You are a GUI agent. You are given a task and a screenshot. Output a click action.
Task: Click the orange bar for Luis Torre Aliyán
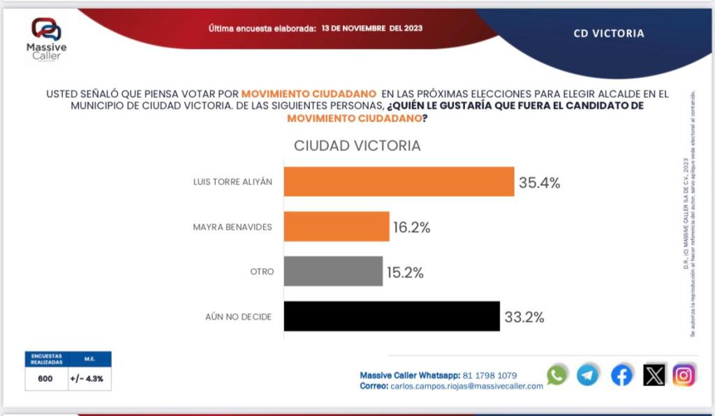point(399,181)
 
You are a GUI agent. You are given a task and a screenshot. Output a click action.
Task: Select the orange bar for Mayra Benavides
point(336,227)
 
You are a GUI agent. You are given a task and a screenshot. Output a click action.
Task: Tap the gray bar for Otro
point(333,272)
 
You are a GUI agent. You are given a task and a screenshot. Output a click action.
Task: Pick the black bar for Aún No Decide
point(392,316)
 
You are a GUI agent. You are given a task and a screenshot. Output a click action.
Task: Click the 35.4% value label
point(539,184)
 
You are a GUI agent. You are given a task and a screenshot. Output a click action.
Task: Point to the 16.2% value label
point(410,228)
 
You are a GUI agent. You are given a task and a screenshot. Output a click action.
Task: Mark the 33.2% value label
point(524,318)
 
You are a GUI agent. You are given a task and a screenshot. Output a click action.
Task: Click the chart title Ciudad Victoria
point(357,146)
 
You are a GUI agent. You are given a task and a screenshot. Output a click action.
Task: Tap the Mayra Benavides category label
point(232,227)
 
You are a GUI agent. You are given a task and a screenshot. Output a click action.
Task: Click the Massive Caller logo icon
point(47,30)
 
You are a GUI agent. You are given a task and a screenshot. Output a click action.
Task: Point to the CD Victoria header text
point(609,33)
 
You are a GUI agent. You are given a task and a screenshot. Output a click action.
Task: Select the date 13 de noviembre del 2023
point(372,29)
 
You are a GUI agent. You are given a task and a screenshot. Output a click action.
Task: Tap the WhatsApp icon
point(557,376)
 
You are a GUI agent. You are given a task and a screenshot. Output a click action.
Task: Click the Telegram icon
point(588,376)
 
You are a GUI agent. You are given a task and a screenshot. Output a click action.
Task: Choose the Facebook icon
point(621,376)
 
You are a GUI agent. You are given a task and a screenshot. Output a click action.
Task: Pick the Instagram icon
point(684,376)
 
